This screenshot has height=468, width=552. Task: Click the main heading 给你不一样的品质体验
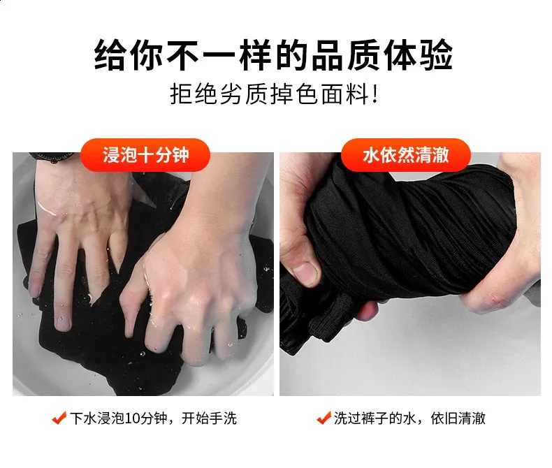[273, 55]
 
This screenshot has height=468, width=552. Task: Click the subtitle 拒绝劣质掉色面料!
[273, 94]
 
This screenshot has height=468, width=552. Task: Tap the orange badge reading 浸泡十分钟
[145, 155]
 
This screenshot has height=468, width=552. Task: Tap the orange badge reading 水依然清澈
[405, 155]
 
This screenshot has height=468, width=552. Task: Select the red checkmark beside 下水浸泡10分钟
[59, 418]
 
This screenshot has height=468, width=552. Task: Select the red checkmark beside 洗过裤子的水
[324, 418]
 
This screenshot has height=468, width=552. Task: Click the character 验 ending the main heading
[436, 55]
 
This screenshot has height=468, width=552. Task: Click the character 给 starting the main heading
[110, 55]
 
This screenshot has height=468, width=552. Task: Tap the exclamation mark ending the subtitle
[375, 94]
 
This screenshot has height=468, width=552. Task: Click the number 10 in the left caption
[132, 418]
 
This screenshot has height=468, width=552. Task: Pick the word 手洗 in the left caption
[223, 418]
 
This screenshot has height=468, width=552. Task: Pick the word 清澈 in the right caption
[472, 418]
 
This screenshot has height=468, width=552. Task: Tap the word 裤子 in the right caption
[375, 418]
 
